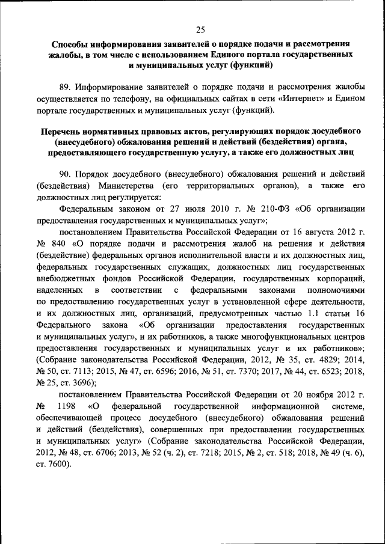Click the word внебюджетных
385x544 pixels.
point(67,279)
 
